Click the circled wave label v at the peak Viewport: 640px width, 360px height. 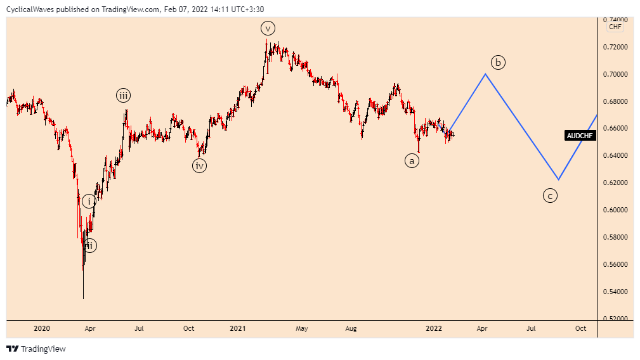click(x=268, y=28)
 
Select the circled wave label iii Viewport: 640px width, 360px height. click(x=123, y=96)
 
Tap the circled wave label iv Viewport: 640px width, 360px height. click(x=200, y=165)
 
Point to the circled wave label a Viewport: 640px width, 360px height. click(x=412, y=161)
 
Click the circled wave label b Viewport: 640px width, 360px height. click(x=498, y=62)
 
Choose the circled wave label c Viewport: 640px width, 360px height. click(x=550, y=196)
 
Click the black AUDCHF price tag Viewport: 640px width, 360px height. click(x=580, y=135)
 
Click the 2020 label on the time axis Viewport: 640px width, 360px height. click(x=41, y=328)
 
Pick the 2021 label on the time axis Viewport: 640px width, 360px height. click(x=238, y=328)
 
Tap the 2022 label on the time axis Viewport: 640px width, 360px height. click(x=434, y=328)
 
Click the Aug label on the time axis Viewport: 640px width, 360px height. click(x=351, y=328)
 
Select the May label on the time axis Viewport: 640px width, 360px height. click(x=302, y=328)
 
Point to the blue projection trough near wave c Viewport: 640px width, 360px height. click(x=558, y=179)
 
